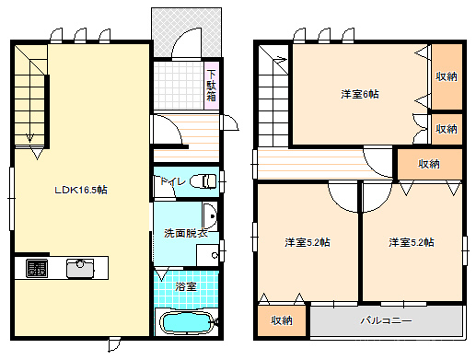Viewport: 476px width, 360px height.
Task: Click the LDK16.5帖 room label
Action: (x=81, y=190)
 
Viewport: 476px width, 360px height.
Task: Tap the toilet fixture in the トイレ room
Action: (x=203, y=181)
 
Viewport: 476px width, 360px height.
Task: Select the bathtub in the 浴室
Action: (x=187, y=322)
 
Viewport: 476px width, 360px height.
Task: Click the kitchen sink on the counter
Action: (x=80, y=268)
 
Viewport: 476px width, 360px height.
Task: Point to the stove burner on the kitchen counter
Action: (x=37, y=268)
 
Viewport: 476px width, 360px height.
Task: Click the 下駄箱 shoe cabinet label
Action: (x=211, y=86)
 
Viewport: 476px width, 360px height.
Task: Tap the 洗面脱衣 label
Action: (x=186, y=233)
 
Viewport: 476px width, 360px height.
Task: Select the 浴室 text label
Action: (x=186, y=286)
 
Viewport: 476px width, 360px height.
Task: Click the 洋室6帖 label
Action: (x=360, y=94)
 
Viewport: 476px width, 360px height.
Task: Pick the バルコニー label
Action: (x=386, y=320)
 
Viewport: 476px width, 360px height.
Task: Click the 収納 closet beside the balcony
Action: (x=282, y=320)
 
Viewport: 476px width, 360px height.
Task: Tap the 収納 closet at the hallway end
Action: (x=430, y=164)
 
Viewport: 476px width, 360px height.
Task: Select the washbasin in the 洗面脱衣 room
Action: (x=210, y=216)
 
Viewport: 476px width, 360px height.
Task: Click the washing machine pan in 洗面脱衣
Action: (x=207, y=255)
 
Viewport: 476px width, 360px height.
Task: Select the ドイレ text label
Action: (x=172, y=181)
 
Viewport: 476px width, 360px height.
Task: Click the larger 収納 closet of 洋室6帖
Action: (x=447, y=76)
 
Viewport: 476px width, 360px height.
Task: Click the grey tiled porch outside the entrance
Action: (x=186, y=32)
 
